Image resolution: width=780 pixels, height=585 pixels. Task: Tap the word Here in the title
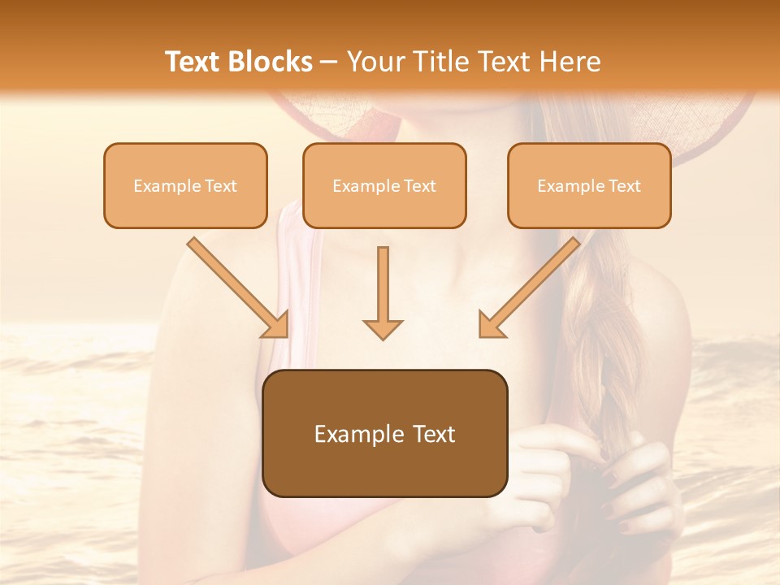tap(569, 62)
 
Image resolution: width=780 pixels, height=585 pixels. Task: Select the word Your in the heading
tap(374, 62)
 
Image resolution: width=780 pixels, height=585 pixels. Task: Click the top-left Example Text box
tap(185, 186)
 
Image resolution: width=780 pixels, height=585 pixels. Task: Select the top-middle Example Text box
tap(384, 186)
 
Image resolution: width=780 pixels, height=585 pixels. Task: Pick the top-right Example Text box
tap(589, 186)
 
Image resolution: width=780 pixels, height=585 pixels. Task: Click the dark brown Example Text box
tap(384, 434)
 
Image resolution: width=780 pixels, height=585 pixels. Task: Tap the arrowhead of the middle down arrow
tap(383, 328)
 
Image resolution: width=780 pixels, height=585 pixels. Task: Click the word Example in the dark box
tap(349, 434)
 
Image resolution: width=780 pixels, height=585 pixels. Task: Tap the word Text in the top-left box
tap(221, 186)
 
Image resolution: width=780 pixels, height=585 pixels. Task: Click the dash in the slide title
tap(330, 62)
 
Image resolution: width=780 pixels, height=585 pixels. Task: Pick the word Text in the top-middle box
tap(420, 186)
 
